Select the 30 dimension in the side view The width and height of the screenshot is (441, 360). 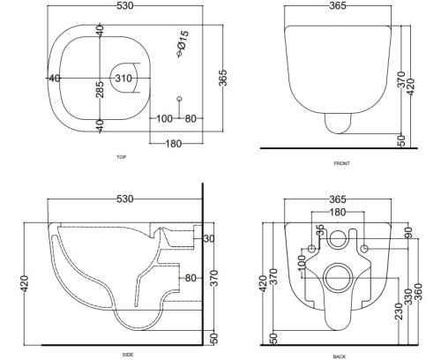tap(209, 238)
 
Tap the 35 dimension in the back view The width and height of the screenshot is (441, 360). tap(320, 231)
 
